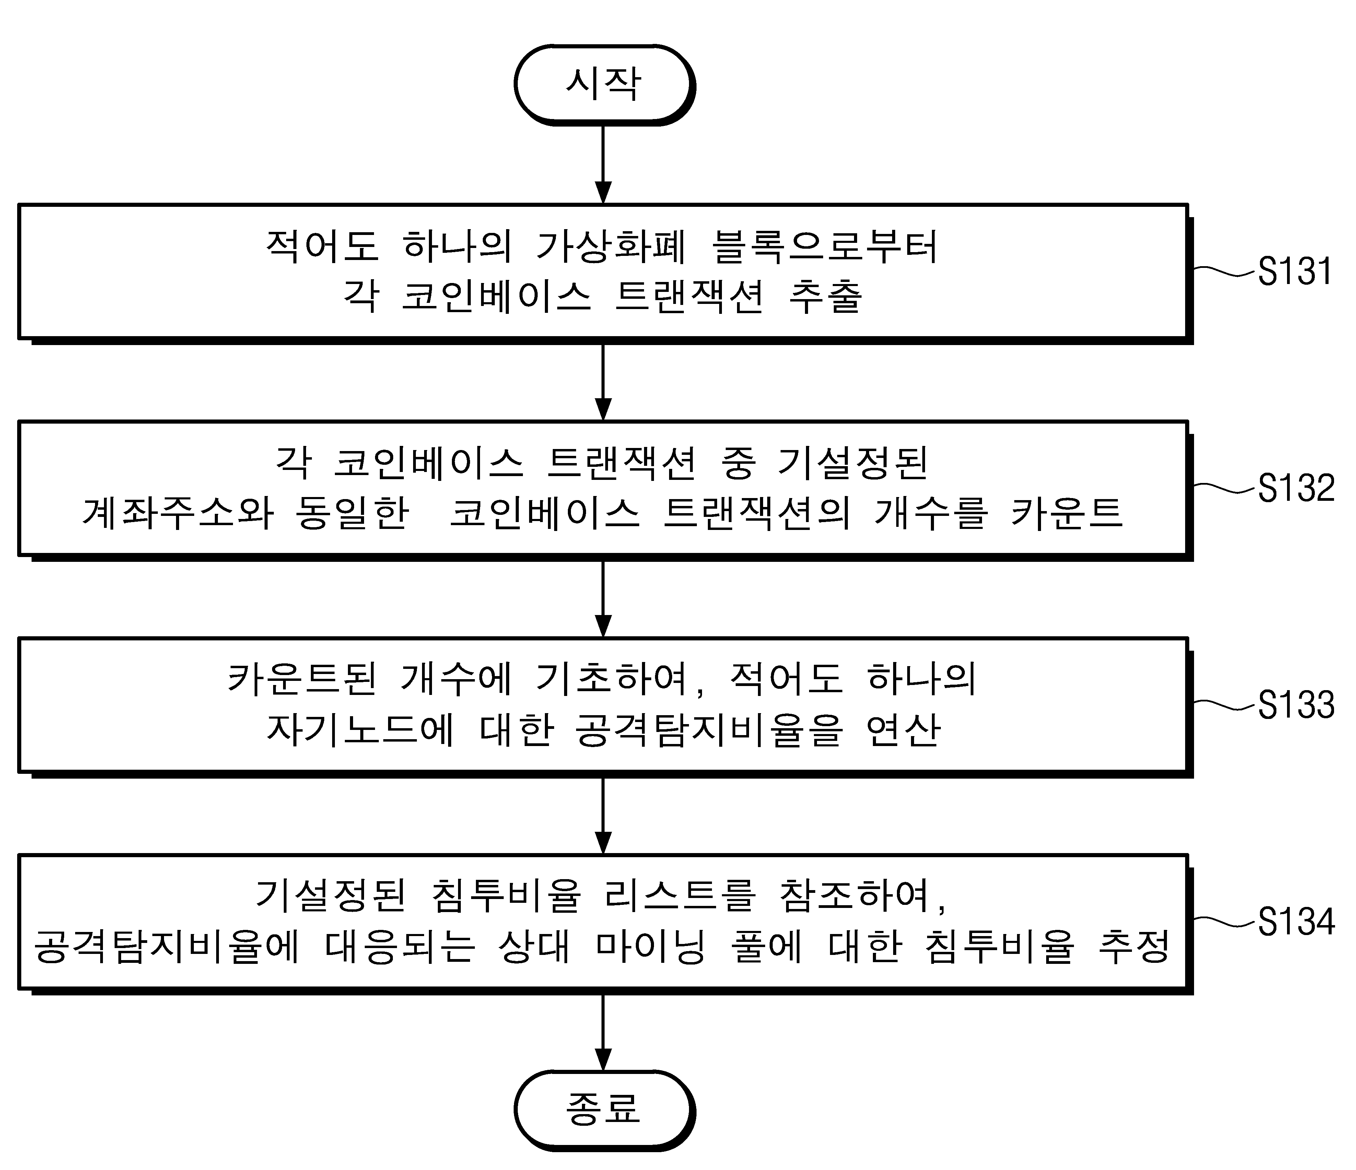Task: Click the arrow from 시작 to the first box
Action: coord(604,164)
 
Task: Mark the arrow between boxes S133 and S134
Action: coord(604,815)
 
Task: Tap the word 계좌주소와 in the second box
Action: coord(178,513)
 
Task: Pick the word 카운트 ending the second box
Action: coord(1067,513)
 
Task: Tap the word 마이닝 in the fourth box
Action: coord(651,946)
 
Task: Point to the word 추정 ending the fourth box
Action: coord(1134,946)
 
